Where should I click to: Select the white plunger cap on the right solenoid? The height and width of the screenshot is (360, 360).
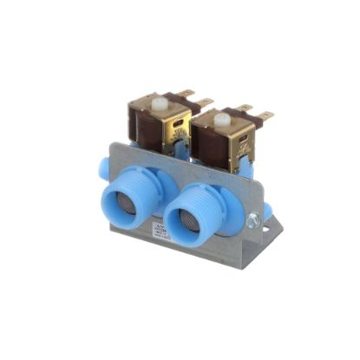222,119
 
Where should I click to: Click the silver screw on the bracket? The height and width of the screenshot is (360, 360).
252,222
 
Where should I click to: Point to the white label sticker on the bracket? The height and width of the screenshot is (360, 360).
160,230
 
